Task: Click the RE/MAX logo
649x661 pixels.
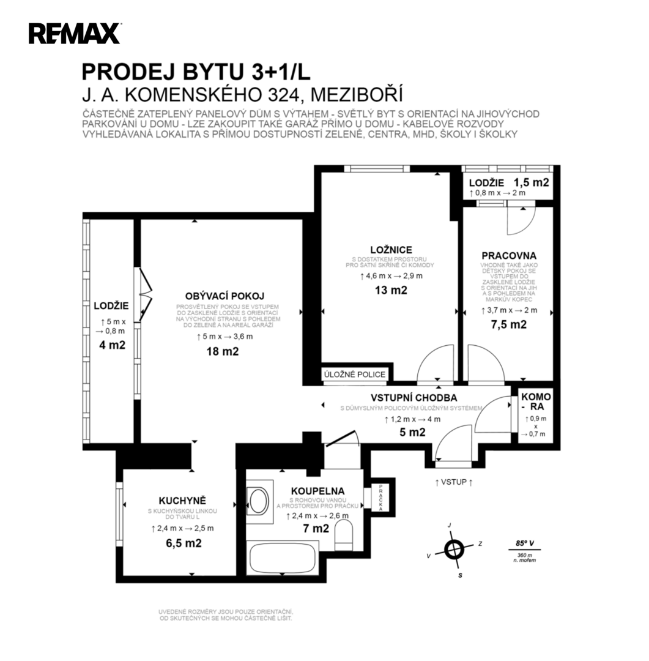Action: coord(75,33)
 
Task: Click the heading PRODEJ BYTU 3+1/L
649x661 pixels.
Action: coord(196,72)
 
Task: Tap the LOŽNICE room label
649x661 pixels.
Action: coord(391,250)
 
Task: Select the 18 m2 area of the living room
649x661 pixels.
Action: coord(223,351)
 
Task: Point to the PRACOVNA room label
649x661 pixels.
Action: coord(509,255)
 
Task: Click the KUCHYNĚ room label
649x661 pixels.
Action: coord(182,501)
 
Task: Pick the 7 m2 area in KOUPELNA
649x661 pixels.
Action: coord(316,528)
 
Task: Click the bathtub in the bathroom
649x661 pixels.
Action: coord(283,558)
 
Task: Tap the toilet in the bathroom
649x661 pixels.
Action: coord(344,534)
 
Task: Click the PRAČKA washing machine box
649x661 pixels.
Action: coord(380,498)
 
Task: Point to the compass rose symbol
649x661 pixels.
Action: coord(454,549)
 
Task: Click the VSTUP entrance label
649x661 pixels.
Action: coord(453,482)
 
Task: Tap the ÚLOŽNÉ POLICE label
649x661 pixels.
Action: coord(354,375)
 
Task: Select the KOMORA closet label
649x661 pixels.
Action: coord(536,401)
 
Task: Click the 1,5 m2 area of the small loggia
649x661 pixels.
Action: coord(531,182)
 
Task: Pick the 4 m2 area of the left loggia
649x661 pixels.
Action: coord(112,345)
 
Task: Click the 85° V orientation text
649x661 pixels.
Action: coord(525,543)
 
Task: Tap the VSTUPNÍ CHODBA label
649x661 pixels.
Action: coord(414,398)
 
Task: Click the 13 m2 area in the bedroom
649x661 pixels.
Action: coord(391,290)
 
